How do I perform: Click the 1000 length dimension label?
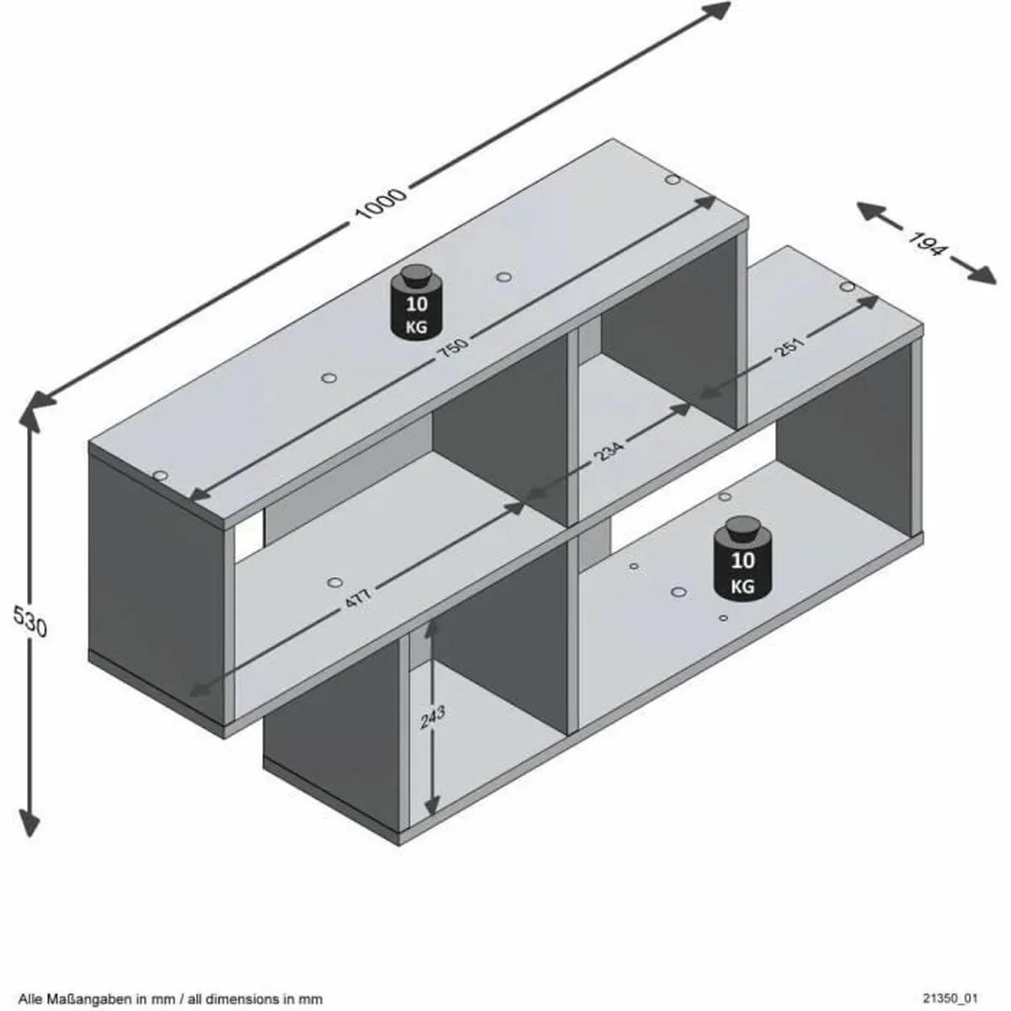pyautogui.click(x=381, y=204)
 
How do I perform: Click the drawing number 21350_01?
pyautogui.click(x=946, y=998)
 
